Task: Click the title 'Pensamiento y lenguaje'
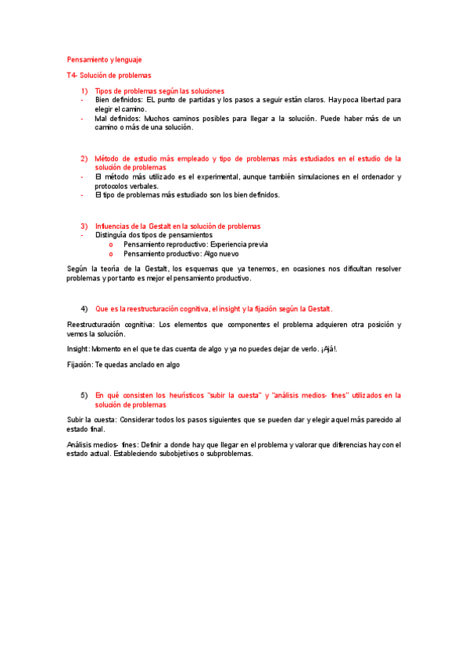(104, 59)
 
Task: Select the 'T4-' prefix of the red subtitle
(73, 75)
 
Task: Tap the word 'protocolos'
(113, 187)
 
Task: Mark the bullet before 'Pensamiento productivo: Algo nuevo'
(111, 254)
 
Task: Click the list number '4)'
(84, 308)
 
